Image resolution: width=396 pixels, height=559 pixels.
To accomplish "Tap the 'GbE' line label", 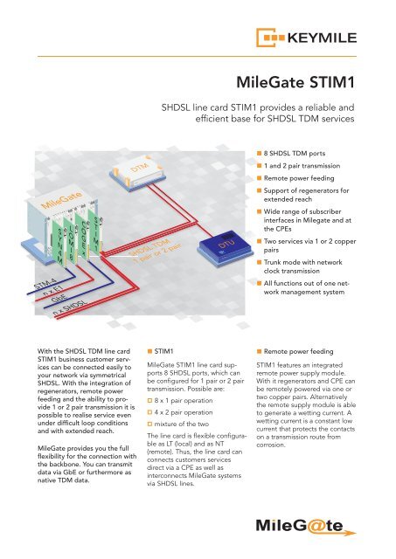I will (52, 302).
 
